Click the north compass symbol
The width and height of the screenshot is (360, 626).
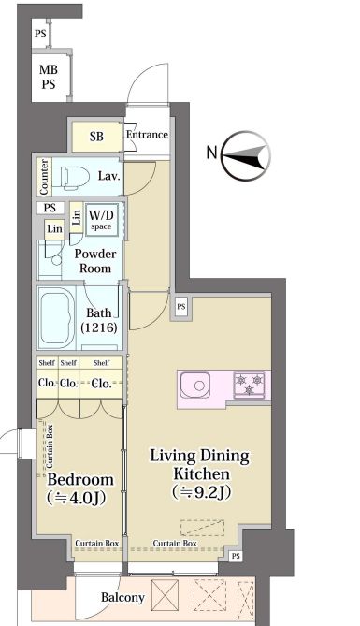click(246, 155)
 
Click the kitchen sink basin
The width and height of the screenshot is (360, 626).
click(195, 385)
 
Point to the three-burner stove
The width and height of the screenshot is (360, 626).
click(249, 385)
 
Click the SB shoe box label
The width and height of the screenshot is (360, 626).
click(96, 137)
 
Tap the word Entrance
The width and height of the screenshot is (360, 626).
click(147, 135)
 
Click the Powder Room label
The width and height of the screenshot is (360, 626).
click(95, 261)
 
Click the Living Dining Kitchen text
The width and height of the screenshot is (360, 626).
click(199, 465)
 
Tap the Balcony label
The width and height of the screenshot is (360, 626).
click(122, 598)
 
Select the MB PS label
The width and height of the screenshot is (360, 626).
click(48, 77)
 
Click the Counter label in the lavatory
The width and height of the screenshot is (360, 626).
click(44, 177)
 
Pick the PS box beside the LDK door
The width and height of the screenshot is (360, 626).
click(181, 307)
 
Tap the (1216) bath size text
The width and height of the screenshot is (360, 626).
click(99, 328)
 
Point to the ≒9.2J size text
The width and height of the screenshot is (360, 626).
click(202, 492)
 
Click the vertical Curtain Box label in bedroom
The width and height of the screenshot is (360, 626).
click(50, 446)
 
